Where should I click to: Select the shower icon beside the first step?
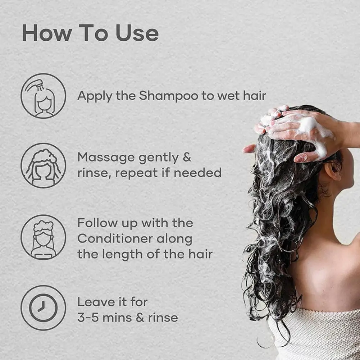[44, 96]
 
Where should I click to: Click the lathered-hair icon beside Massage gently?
[44, 165]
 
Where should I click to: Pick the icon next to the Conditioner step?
[44, 237]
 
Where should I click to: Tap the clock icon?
[44, 308]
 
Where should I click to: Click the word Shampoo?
[169, 96]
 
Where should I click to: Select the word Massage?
[106, 158]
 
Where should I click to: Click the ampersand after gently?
[187, 157]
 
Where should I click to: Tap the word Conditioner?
[115, 239]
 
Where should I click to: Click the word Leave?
[96, 302]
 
